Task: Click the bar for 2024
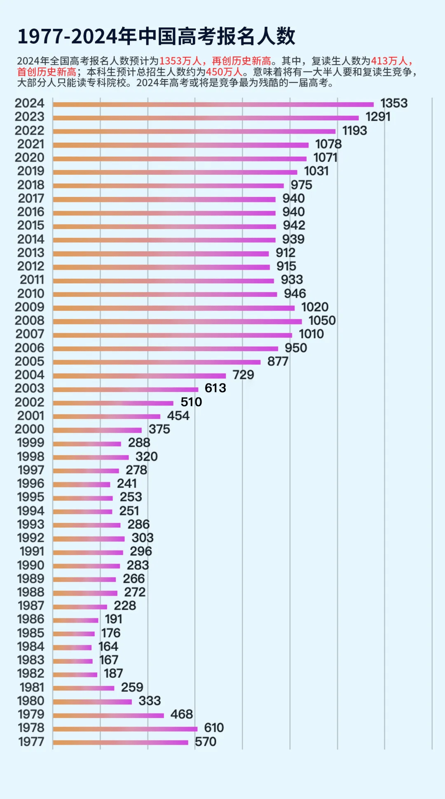pos(213,104)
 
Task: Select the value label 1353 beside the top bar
pos(393,103)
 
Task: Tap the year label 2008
pos(29,320)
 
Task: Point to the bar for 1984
pos(72,647)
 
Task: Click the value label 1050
pos(322,320)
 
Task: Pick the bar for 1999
pos(87,444)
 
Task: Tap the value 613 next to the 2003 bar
pos(215,388)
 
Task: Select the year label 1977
pos(31,741)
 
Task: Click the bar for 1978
pos(125,728)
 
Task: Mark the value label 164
pos(108,646)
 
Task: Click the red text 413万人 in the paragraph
pos(389,61)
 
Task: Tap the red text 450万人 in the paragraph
pos(224,72)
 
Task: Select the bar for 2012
pos(161,267)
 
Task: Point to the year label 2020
pos(29,157)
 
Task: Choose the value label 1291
pos(377,117)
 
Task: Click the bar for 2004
pos(139,376)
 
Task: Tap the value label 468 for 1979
pos(181,714)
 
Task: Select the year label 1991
pos(32,551)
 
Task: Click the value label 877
pos(277,361)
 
